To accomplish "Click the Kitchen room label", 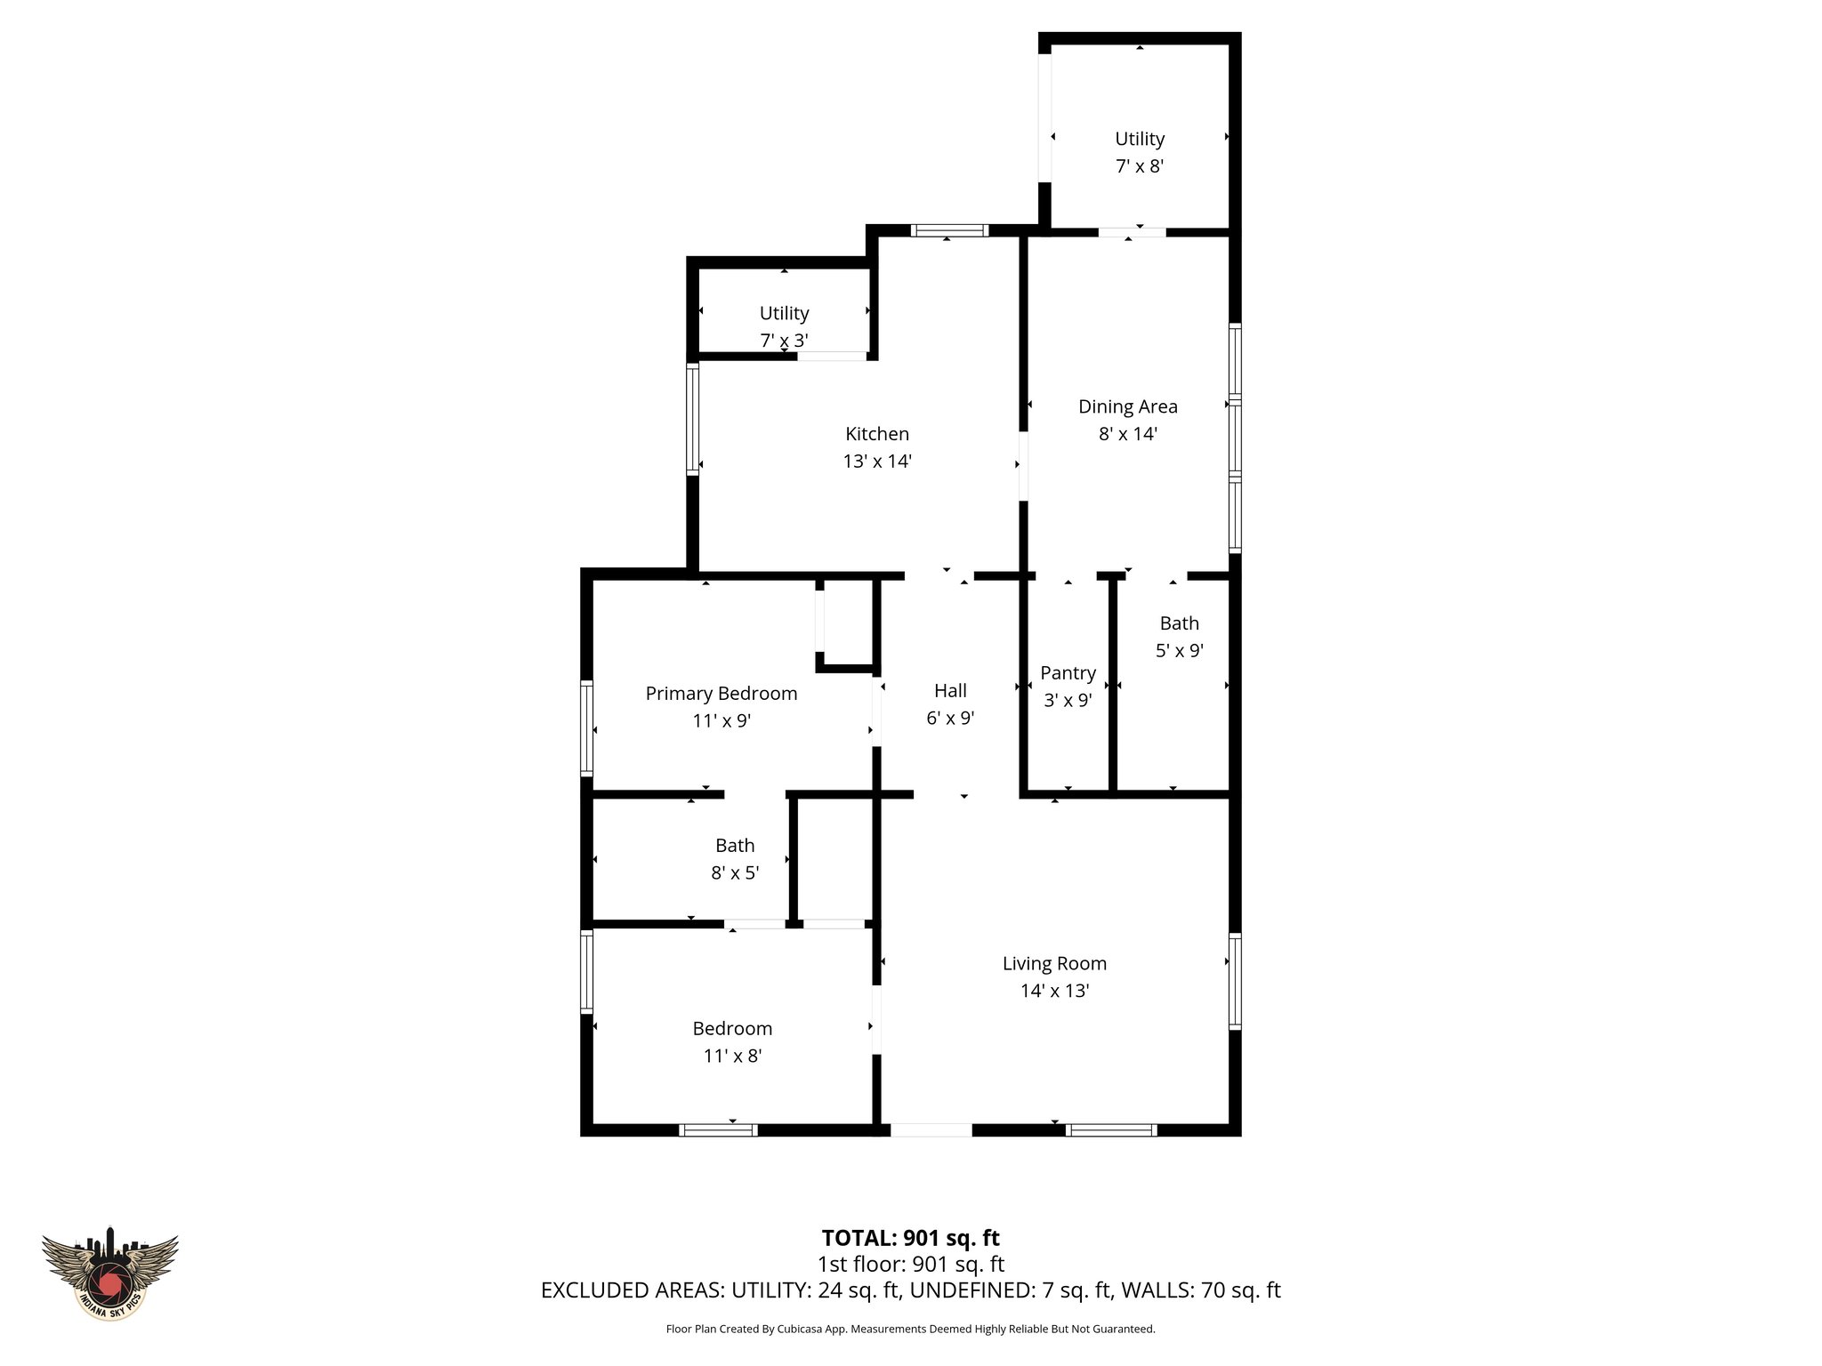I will coord(876,434).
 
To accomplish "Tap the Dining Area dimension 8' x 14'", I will coord(1127,434).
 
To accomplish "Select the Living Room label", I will coord(1054,963).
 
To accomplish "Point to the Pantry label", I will coord(1068,673).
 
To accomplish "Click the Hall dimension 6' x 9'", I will coord(950,718).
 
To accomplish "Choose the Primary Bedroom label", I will coord(721,694).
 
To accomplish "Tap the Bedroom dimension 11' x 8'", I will coord(732,1056).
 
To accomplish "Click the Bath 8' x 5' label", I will coord(734,846).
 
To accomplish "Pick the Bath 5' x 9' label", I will coord(1179,623).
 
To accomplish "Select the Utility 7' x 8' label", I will coord(1140,139).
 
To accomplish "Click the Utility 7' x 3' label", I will coord(784,313).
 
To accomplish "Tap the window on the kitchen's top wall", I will coord(949,230).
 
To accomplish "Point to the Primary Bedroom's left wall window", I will coord(586,727).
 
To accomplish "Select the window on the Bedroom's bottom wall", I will coord(718,1130).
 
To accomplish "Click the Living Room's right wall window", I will coord(1235,981).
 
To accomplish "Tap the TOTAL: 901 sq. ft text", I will coord(910,1238).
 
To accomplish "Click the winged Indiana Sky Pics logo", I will coord(109,1273).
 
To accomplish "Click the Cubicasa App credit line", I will coord(910,1330).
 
